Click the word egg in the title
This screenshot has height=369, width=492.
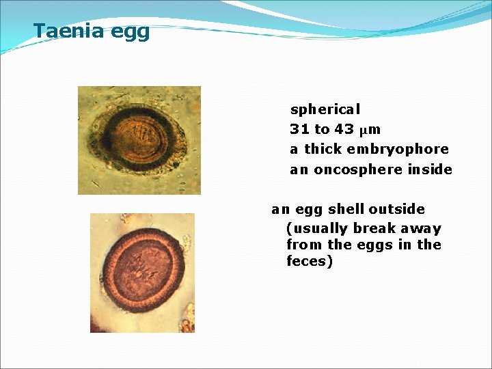tap(132, 33)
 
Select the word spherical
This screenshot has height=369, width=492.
tap(325, 109)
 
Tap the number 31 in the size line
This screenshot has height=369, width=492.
tap(299, 129)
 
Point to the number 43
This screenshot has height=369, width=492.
tap(344, 129)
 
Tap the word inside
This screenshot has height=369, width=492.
tap(430, 169)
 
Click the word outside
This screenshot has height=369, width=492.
tap(398, 209)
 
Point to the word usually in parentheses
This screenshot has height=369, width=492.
tap(318, 229)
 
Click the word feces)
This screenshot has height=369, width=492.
tap(310, 261)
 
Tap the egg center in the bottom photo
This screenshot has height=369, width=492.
tap(143, 270)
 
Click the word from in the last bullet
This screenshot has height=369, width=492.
tap(303, 245)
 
